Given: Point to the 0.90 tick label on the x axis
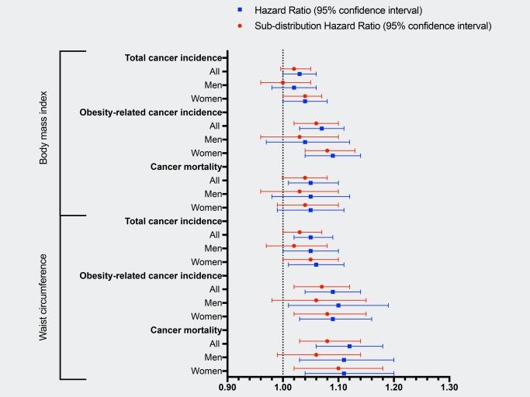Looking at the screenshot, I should [x=227, y=387].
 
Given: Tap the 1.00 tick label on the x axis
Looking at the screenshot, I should [x=282, y=387].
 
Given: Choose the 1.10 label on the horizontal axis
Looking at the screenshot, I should [x=338, y=387].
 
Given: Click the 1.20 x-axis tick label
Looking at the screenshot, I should [x=393, y=387].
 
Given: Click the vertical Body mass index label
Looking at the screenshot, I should [x=45, y=133].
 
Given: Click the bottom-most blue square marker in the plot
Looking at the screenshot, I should [x=344, y=374].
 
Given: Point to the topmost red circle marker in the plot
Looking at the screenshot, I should [x=293, y=68].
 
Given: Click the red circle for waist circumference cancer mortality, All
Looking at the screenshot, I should [x=327, y=340].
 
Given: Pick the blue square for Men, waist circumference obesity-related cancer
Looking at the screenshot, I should [x=338, y=306].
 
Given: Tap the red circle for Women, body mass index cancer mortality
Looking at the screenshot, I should [x=305, y=205].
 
